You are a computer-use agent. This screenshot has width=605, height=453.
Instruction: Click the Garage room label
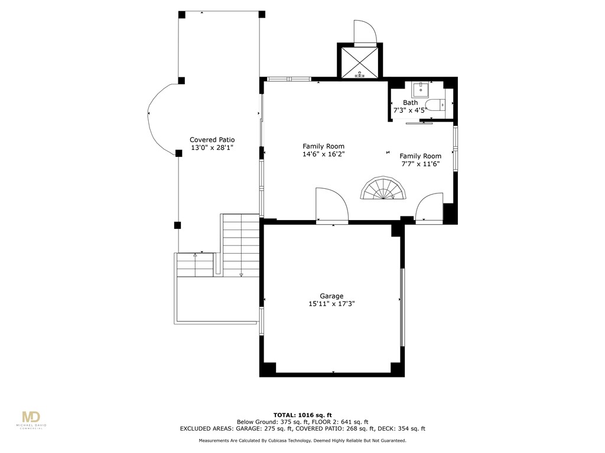pos(331,296)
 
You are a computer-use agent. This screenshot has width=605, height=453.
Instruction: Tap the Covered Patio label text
pos(212,140)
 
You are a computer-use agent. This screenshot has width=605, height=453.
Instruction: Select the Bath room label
pos(410,103)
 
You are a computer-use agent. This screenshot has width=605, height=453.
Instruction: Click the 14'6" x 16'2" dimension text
pos(323,154)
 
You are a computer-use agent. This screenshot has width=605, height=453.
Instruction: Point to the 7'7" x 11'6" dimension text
pos(420,164)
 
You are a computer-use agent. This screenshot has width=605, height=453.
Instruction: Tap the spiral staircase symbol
pos(384,191)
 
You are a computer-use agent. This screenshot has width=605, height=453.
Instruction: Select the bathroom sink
pos(421,90)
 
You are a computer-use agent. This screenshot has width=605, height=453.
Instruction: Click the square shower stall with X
pos(359,62)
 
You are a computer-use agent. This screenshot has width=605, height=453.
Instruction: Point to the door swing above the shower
pos(363,32)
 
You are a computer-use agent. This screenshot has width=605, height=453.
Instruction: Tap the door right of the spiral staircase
pos(430,208)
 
